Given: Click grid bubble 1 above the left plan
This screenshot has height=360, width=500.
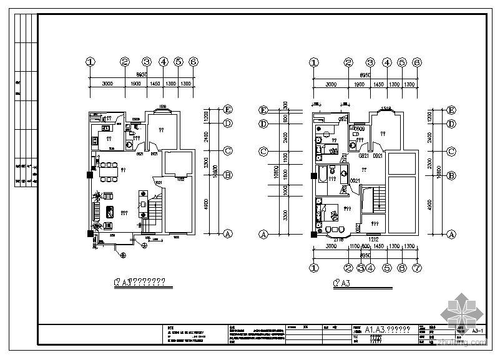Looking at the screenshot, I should pos(91,62).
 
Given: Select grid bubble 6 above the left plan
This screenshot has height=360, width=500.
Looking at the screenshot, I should pos(194,62).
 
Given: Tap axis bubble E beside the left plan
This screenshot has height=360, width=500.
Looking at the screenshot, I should pos(228,109).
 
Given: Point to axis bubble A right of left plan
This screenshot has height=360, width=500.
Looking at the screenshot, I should pos(228,233).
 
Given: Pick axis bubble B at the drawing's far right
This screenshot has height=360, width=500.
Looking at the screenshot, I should pos(451,175).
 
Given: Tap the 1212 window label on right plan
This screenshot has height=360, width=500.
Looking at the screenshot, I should pos(373,239).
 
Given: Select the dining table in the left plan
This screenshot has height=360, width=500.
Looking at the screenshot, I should pos(109,168).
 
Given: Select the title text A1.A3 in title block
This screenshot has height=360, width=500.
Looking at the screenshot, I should pos(387,329).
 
